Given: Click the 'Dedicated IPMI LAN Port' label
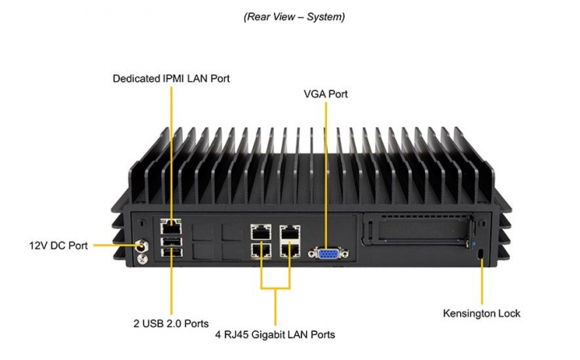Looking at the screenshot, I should click(x=171, y=78).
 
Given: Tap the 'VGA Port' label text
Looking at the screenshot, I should click(x=325, y=94).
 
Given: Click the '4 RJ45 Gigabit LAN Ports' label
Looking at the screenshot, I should click(x=275, y=334).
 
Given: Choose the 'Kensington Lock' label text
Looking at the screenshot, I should click(x=482, y=313).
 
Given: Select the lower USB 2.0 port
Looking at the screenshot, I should click(x=170, y=254).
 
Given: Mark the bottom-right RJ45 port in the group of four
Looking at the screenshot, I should click(x=289, y=249).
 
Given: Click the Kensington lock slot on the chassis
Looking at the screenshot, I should click(x=481, y=254).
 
